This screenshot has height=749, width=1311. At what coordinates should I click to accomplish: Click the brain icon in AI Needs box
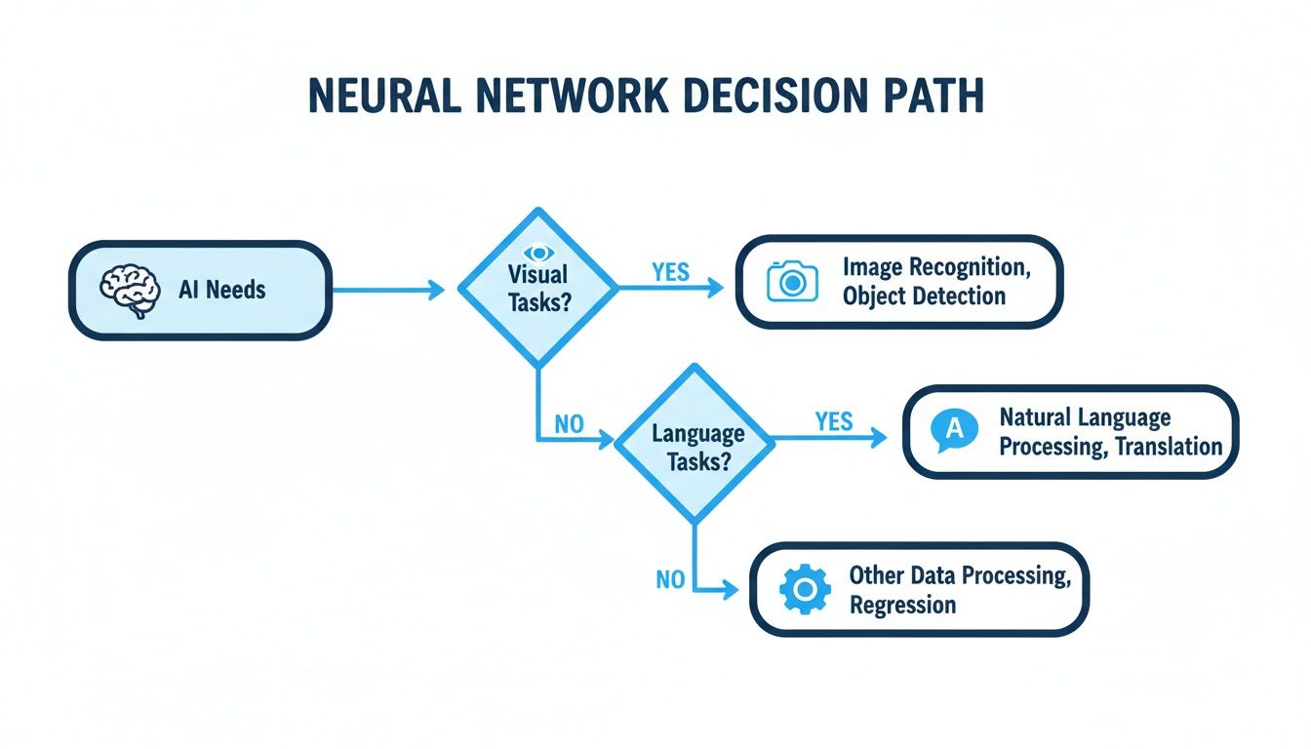coord(131,290)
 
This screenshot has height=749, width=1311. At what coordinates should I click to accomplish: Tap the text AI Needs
coord(221,289)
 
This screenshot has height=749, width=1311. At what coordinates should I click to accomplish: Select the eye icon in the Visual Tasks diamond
coord(536,254)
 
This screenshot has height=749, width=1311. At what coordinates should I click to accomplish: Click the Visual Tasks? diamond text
coord(537,290)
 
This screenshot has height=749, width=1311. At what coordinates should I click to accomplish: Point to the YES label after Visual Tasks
coord(670,272)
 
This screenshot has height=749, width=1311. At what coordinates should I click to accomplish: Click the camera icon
coord(793,281)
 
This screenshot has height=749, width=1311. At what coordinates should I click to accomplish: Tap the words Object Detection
coord(924,296)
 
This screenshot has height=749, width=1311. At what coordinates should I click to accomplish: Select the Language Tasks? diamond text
coord(697,447)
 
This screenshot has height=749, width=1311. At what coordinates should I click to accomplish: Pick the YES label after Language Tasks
coord(833,422)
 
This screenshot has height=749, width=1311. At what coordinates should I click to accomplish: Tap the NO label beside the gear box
coord(670,580)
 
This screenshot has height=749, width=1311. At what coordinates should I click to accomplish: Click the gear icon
coord(806,589)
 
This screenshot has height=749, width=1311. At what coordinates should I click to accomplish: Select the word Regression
coord(902,605)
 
